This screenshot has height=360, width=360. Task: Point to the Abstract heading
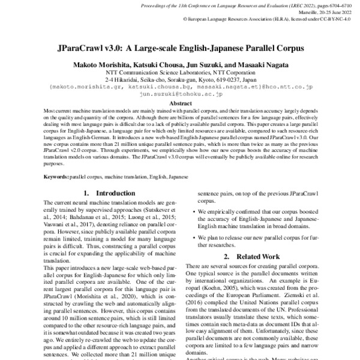(x=180, y=103)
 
